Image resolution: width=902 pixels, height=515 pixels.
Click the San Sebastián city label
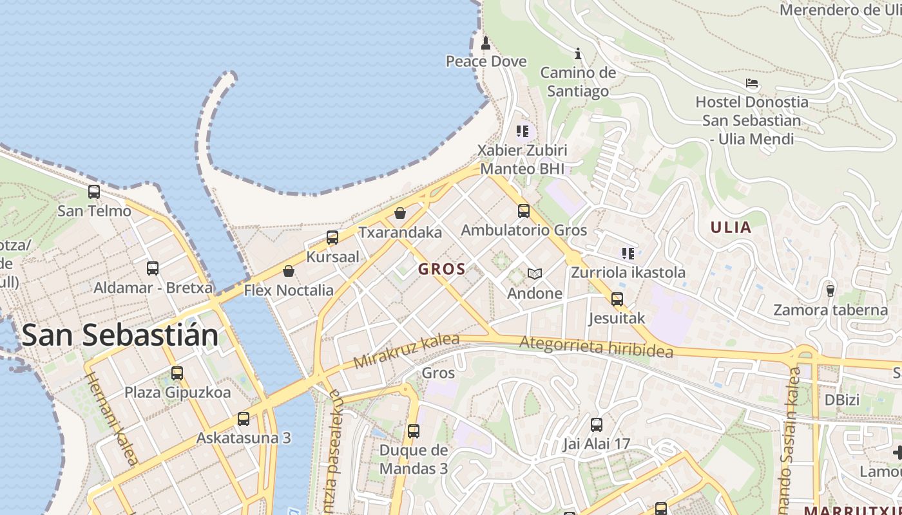[x=120, y=335]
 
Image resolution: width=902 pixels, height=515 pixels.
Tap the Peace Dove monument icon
[x=486, y=43]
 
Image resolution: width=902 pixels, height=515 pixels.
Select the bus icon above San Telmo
[x=94, y=191]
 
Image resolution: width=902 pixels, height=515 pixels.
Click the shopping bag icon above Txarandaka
[x=400, y=212]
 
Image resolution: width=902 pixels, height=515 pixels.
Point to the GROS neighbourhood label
[x=442, y=269]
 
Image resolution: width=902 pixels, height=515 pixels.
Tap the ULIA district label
[x=731, y=227]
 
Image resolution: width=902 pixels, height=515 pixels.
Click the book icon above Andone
[x=534, y=274]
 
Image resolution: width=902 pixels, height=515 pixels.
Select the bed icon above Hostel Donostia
[x=751, y=83]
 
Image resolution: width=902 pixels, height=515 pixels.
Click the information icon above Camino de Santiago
[x=578, y=53]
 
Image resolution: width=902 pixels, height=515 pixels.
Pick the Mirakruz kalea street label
[x=407, y=351]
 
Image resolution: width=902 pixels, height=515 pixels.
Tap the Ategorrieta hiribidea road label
[x=596, y=347]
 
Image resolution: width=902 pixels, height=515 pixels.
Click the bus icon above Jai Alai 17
[x=597, y=424]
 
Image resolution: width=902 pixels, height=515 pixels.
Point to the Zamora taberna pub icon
[x=830, y=290]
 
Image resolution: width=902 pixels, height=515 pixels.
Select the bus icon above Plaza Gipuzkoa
[x=177, y=373]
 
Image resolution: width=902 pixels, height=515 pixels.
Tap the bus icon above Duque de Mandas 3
[x=414, y=431]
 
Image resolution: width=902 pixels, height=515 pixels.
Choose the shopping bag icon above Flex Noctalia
[x=289, y=271]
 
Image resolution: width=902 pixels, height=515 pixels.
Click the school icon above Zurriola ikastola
[x=628, y=253]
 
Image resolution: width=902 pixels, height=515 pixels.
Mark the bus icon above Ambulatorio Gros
[x=524, y=211]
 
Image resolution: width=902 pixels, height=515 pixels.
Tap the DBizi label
[x=842, y=400]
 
